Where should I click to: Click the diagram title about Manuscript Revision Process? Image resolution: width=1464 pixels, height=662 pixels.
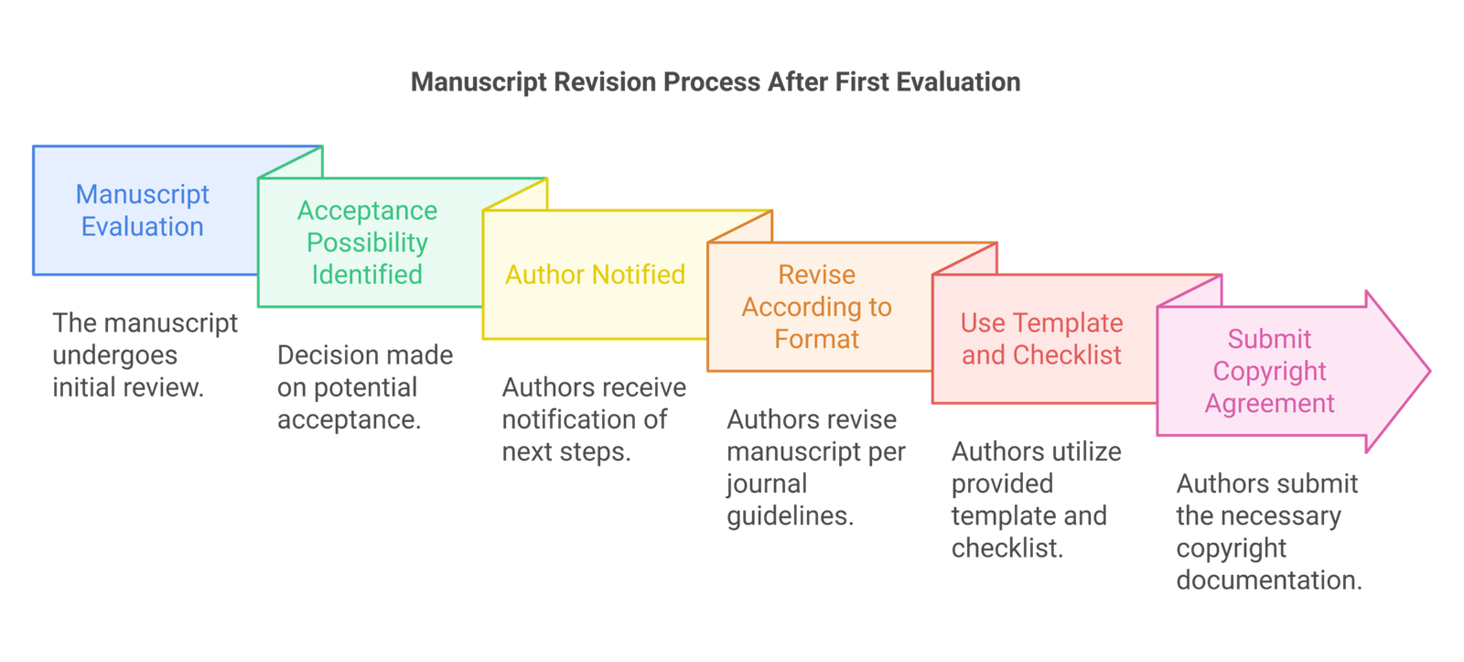(x=716, y=82)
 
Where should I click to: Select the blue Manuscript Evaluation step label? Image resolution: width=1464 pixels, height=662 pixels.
(x=143, y=211)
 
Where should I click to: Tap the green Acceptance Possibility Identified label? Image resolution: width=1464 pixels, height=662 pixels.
(x=367, y=243)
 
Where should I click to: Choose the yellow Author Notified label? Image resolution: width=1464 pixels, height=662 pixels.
(x=595, y=275)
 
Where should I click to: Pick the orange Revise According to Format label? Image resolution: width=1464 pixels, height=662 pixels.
(x=817, y=307)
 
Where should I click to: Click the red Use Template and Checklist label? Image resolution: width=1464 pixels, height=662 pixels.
(x=1042, y=339)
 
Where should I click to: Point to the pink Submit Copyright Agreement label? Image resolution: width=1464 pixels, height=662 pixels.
(x=1270, y=371)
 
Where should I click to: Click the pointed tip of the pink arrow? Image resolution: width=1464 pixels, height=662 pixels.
(x=1430, y=372)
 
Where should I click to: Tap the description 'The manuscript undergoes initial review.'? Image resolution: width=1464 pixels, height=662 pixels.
(x=145, y=355)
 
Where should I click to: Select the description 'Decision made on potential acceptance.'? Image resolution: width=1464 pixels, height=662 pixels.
(x=365, y=387)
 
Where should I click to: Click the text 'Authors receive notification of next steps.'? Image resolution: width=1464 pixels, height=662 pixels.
(x=594, y=419)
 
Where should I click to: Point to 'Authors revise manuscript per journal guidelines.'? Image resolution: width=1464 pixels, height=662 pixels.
(x=816, y=468)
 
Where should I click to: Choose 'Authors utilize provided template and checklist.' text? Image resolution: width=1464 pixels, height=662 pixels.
(x=1037, y=500)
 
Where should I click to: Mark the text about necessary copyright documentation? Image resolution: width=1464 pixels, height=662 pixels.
(x=1269, y=532)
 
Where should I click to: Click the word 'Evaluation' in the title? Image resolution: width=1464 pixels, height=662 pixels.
(x=958, y=82)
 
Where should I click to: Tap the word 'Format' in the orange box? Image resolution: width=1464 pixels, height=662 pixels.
(x=817, y=340)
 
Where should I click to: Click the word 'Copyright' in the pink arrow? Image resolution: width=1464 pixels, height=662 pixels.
(x=1270, y=372)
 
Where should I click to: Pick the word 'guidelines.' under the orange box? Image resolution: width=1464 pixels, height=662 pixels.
(x=791, y=516)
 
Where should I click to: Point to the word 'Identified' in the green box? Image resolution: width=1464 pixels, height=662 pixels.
(x=367, y=275)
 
